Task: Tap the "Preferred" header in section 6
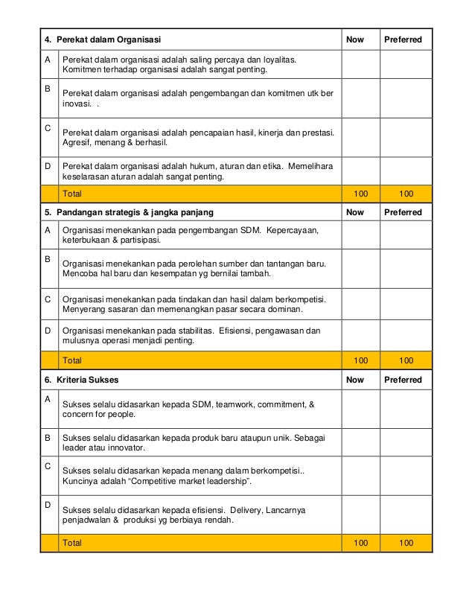pyautogui.click(x=403, y=380)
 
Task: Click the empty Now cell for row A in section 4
pyautogui.click(x=360, y=65)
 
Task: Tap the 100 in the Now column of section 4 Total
pyautogui.click(x=360, y=194)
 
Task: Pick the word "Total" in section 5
pyautogui.click(x=73, y=360)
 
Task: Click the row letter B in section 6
pyautogui.click(x=48, y=438)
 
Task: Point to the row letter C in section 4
pyautogui.click(x=48, y=128)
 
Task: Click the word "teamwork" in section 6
pyautogui.click(x=235, y=404)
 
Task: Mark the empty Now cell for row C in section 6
pyautogui.click(x=360, y=477)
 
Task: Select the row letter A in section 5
pyautogui.click(x=48, y=230)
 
